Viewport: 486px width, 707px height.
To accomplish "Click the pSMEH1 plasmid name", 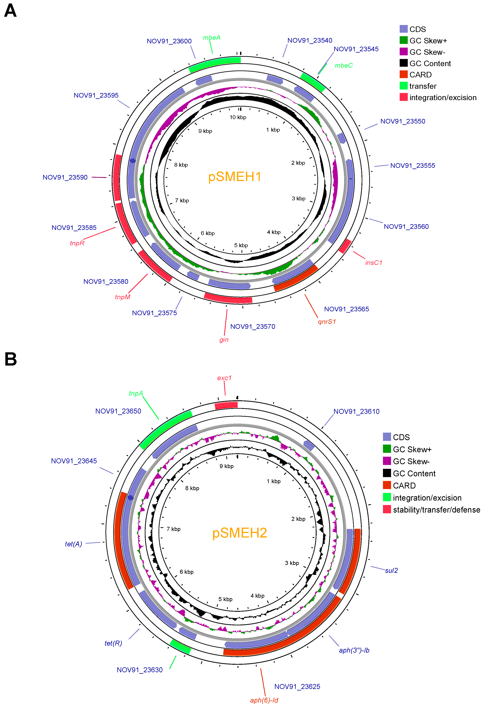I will [x=235, y=177].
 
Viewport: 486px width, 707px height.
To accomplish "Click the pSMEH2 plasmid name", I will [x=240, y=533].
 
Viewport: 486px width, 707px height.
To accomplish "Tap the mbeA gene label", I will [x=212, y=37].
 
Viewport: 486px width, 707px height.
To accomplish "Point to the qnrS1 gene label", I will [x=327, y=322].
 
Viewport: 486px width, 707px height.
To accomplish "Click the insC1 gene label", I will [x=374, y=263].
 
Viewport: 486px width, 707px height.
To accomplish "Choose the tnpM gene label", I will [x=122, y=297].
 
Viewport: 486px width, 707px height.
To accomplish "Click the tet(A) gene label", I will [x=73, y=544].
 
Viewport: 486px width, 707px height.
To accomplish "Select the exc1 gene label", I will [x=224, y=378].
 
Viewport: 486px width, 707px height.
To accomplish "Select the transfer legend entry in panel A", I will [x=423, y=86].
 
